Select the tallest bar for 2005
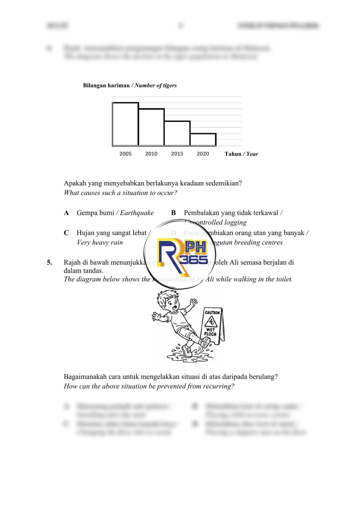tap(126, 124)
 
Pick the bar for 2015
tap(177, 133)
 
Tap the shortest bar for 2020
tap(203, 140)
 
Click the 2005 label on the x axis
tap(126, 154)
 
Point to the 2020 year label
tap(203, 154)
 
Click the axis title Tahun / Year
tap(241, 154)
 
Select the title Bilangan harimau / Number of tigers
tap(130, 86)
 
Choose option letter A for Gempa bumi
tap(67, 213)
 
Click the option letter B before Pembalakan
tap(174, 213)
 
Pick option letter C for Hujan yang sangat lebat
tap(67, 233)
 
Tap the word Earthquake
tap(137, 213)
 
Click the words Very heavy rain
tap(100, 243)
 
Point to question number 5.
tap(50, 262)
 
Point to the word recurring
tap(220, 387)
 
